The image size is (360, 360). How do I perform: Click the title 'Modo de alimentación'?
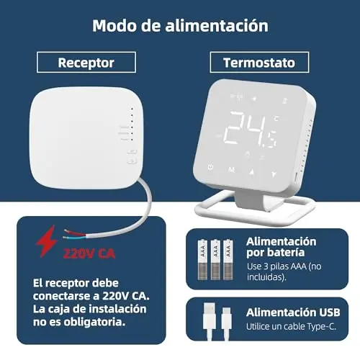pyautogui.click(x=180, y=26)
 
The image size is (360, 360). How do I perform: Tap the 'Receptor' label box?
pyautogui.click(x=86, y=62)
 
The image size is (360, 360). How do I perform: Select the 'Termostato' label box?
pyautogui.click(x=259, y=62)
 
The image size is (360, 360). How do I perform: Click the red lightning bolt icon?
pyautogui.click(x=47, y=241)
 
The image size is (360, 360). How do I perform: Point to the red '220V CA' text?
pyautogui.click(x=89, y=253)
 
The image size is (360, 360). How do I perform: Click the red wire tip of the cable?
pyautogui.click(x=66, y=231)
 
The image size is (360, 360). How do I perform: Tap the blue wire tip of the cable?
pyautogui.click(x=64, y=238)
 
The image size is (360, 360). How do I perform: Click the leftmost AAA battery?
pyautogui.click(x=202, y=259)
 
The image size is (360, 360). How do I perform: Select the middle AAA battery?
pyautogui.click(x=215, y=259)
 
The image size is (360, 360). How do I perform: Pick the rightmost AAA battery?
pyautogui.click(x=228, y=259)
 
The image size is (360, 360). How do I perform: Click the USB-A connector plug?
pyautogui.click(x=210, y=316)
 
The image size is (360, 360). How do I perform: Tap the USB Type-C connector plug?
pyautogui.click(x=226, y=319)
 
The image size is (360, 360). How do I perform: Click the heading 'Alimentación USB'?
pyautogui.click(x=293, y=312)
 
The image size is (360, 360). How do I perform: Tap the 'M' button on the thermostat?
pyautogui.click(x=231, y=170)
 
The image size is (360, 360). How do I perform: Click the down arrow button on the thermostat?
pyautogui.click(x=274, y=174)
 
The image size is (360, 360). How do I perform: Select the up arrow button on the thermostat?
pyautogui.click(x=252, y=171)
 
